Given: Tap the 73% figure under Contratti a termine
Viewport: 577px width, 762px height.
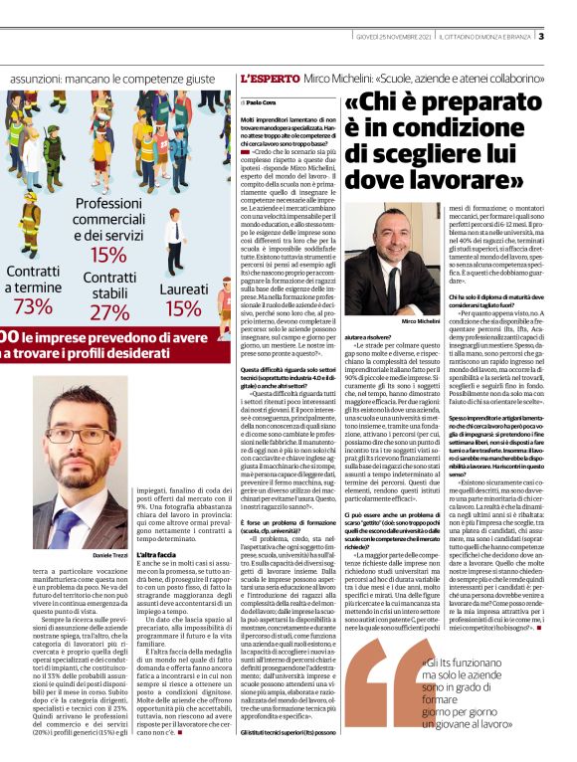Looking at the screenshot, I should (33, 305).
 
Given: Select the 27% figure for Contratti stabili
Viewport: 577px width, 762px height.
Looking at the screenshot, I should (110, 312).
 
